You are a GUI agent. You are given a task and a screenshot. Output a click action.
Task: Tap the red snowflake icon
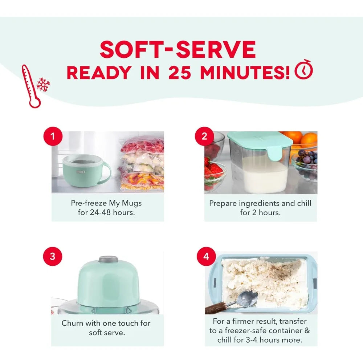tap(43, 85)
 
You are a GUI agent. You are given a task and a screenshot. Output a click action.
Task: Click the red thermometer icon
tap(30, 86)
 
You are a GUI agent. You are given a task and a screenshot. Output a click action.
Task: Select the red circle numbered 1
tap(53, 136)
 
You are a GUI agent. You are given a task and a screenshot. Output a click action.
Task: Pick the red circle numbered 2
tap(204, 136)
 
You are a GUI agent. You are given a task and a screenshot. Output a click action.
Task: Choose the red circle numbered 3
tap(53, 256)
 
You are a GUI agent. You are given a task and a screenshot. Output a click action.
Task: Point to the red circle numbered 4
tap(206, 256)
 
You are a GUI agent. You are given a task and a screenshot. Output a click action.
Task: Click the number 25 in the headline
tap(180, 73)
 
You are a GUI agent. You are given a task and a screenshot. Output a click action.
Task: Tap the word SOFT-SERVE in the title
tap(178, 49)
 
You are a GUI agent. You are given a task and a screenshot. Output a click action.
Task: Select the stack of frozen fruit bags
tap(141, 163)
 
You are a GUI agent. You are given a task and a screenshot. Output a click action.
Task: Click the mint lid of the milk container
tap(260, 142)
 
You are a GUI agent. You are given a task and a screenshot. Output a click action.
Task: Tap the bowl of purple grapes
tap(305, 164)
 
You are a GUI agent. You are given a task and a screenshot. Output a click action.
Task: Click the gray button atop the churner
tap(108, 259)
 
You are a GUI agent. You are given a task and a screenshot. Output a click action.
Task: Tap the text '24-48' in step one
tap(100, 212)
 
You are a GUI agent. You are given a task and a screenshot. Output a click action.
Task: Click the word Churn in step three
tap(72, 323)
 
